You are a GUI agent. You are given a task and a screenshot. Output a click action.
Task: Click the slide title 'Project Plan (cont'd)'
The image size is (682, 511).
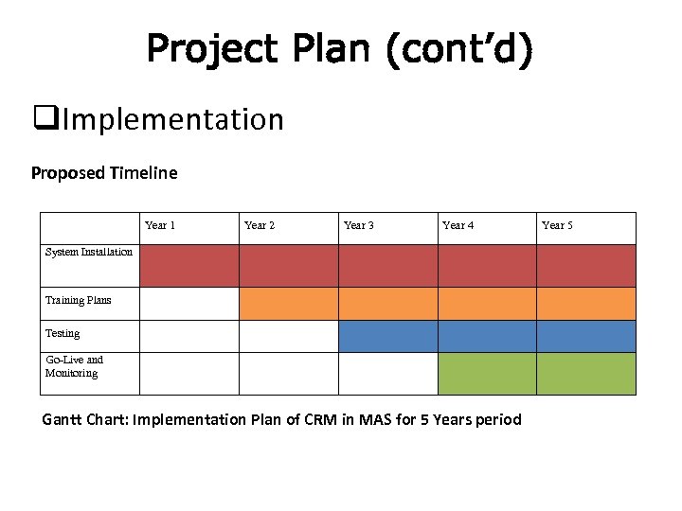coord(340,50)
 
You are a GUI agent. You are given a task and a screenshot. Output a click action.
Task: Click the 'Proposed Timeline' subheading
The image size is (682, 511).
coord(104,173)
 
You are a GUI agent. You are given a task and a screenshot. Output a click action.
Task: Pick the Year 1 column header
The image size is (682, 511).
coord(160,225)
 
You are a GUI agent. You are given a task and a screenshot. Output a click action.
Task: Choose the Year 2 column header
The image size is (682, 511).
coord(260,225)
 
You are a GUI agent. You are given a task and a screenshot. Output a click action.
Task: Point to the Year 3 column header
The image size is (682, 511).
coord(359,225)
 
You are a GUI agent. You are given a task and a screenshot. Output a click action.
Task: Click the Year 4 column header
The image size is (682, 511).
coord(458,225)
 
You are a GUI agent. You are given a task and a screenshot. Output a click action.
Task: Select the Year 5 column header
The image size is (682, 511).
coord(557,225)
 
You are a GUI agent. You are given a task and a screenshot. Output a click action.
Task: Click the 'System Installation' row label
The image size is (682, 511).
coord(89,252)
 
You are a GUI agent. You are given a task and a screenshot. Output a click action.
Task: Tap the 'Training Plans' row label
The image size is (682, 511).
coord(79,300)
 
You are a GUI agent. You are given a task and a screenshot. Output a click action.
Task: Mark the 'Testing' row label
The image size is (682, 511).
coord(63,333)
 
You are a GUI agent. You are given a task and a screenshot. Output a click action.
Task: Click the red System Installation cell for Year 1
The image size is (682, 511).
coord(188,266)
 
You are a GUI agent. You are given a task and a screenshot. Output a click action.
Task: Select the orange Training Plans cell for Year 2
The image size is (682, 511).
coord(288,304)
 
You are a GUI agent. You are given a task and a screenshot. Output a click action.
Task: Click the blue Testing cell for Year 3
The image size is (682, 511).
coord(387,336)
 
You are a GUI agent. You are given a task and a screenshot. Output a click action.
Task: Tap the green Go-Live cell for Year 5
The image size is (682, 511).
coord(586,374)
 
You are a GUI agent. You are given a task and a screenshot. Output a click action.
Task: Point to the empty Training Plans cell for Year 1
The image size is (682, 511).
coord(188,304)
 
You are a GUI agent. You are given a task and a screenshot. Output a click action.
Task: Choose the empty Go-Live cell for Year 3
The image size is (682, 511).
coord(387,374)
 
